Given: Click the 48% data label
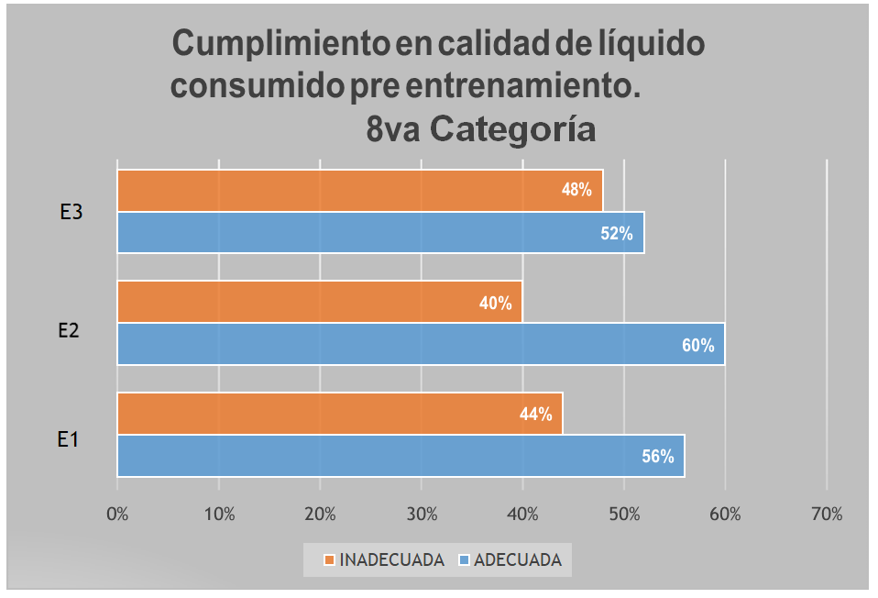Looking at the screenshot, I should [576, 191].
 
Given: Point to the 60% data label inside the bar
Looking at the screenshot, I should [697, 345].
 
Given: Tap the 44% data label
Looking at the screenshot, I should [535, 415].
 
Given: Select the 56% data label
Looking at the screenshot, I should [657, 456].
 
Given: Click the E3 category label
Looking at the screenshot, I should [71, 213].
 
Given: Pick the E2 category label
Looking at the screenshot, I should [69, 329].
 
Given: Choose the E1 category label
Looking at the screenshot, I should [68, 440].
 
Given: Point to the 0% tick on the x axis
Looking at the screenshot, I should [117, 515].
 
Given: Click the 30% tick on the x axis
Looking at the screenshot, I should [421, 515].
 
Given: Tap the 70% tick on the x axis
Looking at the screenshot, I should [827, 515].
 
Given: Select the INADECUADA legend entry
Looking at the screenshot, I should [384, 559].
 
